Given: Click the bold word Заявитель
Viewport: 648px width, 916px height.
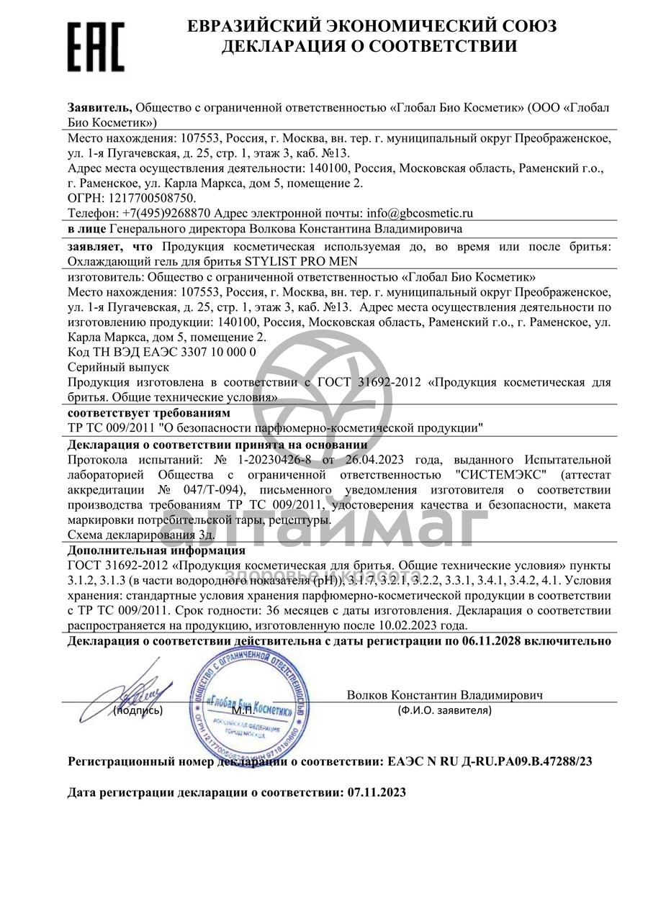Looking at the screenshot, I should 100,107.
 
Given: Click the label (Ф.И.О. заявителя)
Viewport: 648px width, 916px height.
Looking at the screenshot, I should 444,710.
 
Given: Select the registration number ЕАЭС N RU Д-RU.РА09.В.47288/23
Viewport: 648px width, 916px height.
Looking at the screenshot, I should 490,761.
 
